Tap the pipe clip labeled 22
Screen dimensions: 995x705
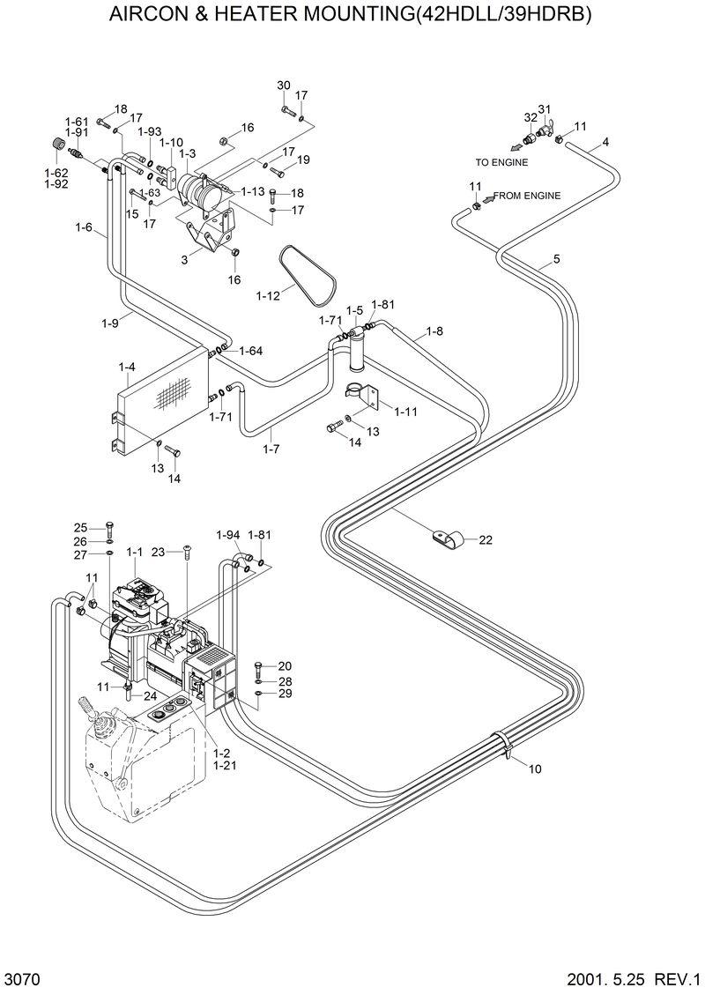tap(444, 538)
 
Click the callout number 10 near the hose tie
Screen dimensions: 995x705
tap(535, 769)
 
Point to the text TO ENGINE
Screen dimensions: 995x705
tap(501, 162)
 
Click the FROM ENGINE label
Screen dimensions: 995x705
tap(526, 196)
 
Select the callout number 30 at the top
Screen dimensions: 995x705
tap(283, 85)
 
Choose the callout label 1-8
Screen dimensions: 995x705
tap(434, 331)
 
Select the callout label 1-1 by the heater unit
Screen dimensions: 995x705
tap(134, 552)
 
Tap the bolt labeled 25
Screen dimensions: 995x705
tap(108, 528)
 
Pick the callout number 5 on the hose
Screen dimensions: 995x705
tap(556, 259)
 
